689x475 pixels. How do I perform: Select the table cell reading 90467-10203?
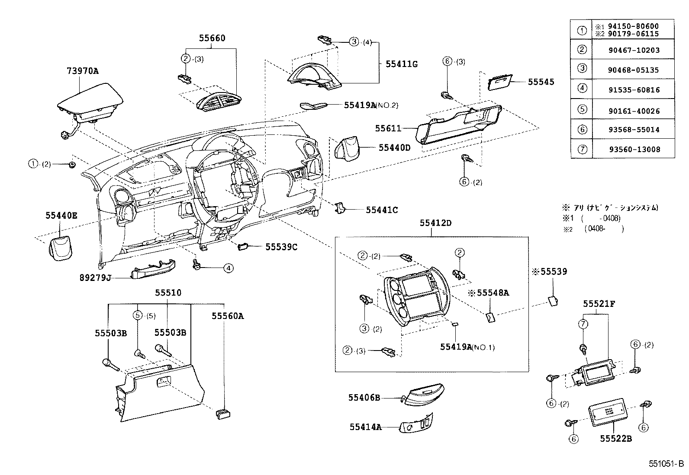pyautogui.click(x=634, y=50)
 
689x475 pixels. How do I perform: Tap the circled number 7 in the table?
pyautogui.click(x=582, y=150)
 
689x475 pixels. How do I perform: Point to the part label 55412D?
pyautogui.click(x=435, y=223)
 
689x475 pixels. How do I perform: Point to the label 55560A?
pyautogui.click(x=228, y=316)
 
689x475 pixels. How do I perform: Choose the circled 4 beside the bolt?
pyautogui.click(x=228, y=268)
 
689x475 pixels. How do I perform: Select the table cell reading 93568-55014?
pyautogui.click(x=634, y=130)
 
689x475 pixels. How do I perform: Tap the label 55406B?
pyautogui.click(x=364, y=398)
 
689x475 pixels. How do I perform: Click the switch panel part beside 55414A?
pyautogui.click(x=417, y=424)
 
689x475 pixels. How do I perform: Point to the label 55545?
pyautogui.click(x=541, y=82)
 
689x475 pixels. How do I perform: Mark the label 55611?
pyautogui.click(x=388, y=128)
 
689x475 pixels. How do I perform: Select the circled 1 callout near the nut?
pyautogui.click(x=33, y=164)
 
